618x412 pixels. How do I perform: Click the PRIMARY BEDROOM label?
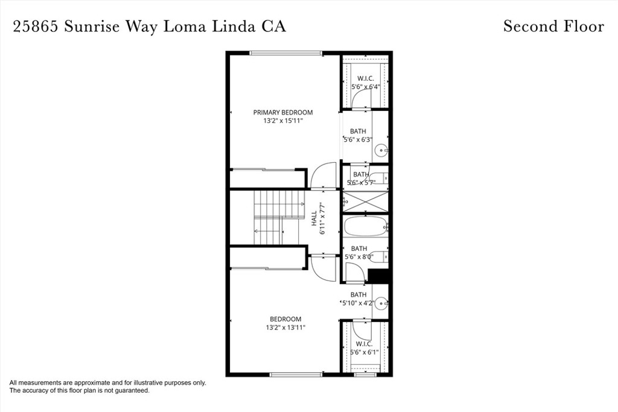tap(283, 112)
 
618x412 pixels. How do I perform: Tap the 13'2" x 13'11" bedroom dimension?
tap(285, 328)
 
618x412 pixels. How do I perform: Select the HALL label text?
tap(314, 218)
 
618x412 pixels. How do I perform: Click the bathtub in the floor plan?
tap(365, 226)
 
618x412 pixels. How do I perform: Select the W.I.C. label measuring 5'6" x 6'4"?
tap(365, 79)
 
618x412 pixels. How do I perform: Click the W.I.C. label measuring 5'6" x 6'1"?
tap(364, 344)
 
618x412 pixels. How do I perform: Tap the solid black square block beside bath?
tap(378, 276)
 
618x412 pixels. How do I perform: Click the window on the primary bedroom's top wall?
tap(285, 53)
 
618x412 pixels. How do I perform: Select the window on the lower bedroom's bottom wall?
tap(296, 374)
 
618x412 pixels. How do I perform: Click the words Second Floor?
tap(553, 27)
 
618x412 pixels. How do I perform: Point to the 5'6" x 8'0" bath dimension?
tap(358, 257)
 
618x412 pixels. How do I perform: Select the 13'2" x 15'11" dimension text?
tap(283, 121)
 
